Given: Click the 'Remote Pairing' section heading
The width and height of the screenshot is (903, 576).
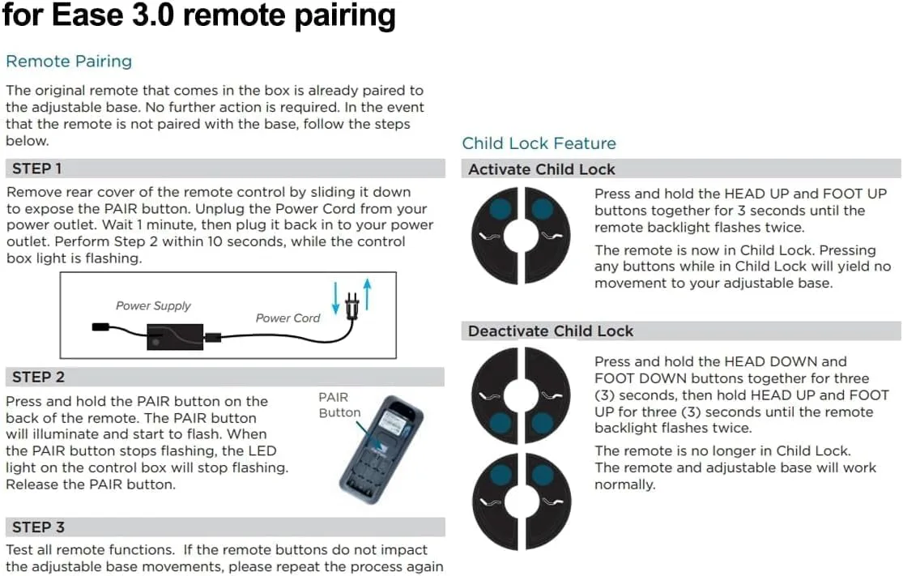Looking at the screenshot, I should (x=69, y=62).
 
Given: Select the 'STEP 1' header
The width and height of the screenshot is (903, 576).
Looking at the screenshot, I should (x=37, y=169).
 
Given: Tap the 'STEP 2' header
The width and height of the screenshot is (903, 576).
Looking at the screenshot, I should (x=38, y=377).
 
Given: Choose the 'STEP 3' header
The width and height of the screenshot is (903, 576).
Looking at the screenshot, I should (x=38, y=527).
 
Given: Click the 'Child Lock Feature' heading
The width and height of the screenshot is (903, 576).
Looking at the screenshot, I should (x=539, y=143).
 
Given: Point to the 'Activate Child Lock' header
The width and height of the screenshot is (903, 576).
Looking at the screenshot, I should (x=541, y=169).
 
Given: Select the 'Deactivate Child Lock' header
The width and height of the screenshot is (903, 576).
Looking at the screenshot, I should (x=551, y=331).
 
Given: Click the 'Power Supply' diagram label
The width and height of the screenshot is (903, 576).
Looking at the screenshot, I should (x=153, y=305).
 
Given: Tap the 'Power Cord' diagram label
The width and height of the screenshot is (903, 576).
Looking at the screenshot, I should (x=288, y=318).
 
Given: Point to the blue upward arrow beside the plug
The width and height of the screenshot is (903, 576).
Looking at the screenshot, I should (x=367, y=292).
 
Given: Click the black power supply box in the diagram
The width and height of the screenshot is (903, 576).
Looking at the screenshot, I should (x=175, y=334).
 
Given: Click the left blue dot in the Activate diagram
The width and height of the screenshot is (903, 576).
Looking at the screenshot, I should (x=500, y=209).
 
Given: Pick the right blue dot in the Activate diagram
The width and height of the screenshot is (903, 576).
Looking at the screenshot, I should (x=542, y=209).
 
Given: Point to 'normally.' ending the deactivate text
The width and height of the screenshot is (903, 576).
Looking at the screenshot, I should (x=624, y=484).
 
